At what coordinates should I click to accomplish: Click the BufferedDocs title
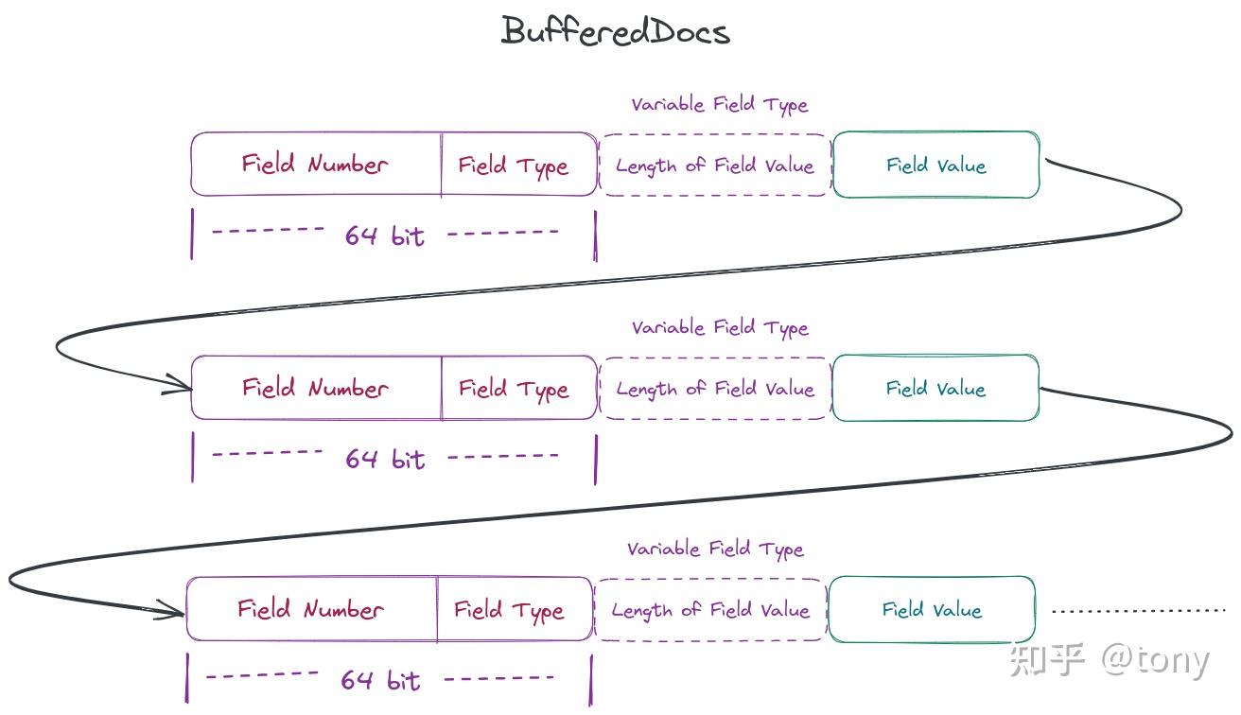(616, 30)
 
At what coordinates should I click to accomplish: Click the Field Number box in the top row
(316, 164)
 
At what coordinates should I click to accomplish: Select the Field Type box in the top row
(519, 164)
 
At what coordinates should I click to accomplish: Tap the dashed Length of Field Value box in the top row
(715, 165)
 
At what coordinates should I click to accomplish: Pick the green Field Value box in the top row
(936, 165)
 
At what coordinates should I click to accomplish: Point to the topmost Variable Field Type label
(720, 105)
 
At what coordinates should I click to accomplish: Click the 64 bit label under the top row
(384, 235)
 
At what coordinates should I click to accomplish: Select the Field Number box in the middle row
(316, 388)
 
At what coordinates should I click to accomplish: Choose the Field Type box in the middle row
(519, 388)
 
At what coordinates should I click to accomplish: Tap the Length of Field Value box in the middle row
(715, 389)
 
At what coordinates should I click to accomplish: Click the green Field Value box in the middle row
(936, 388)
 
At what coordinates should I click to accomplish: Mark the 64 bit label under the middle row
(385, 459)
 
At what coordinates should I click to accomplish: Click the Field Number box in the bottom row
(312, 609)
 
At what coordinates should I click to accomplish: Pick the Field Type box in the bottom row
(515, 609)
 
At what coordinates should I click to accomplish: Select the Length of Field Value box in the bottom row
(710, 610)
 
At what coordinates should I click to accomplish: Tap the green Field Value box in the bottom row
(932, 609)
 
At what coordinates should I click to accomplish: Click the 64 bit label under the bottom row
(380, 680)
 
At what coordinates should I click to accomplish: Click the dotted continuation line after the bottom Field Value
(1139, 611)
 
